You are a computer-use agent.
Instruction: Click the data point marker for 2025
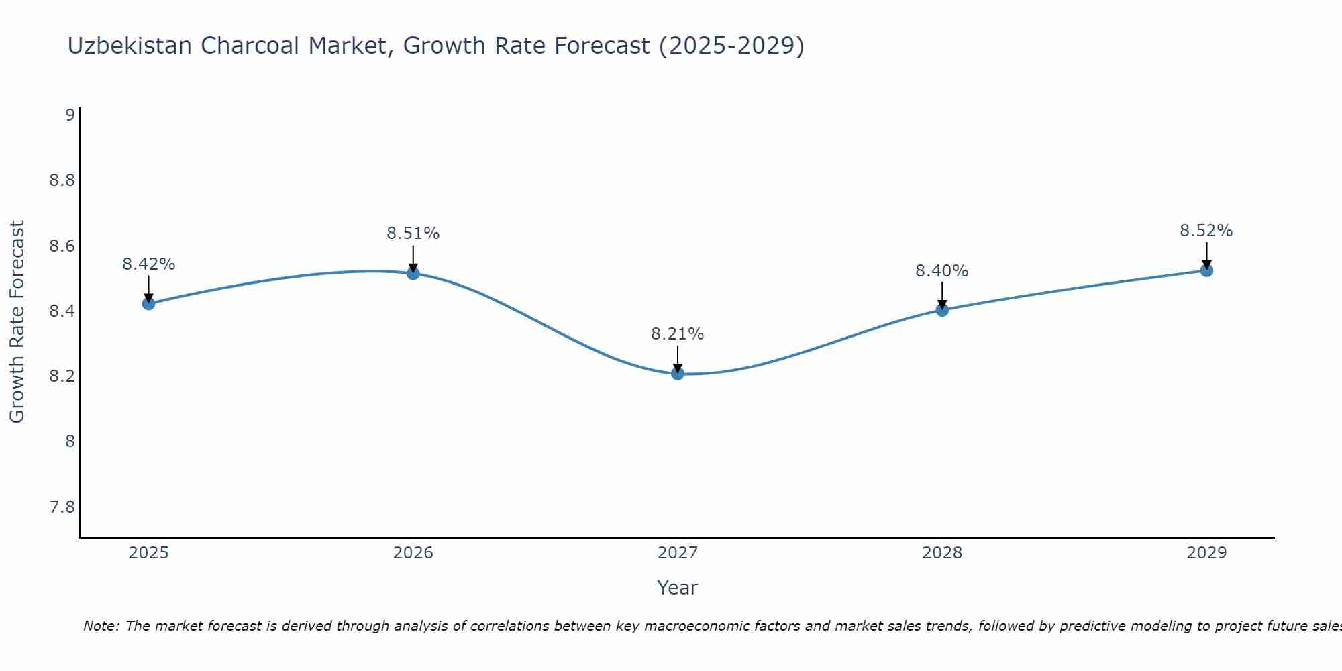148,303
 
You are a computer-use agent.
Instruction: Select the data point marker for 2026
413,273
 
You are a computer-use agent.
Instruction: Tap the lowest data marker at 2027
677,373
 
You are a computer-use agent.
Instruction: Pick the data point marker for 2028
941,309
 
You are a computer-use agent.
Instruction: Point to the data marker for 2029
1206,270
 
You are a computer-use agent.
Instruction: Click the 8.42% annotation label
148,264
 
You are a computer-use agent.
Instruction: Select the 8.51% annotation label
413,234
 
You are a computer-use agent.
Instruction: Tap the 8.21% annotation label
677,334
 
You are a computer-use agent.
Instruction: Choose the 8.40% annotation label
941,271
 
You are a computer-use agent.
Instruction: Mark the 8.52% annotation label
1206,231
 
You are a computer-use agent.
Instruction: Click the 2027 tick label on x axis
677,553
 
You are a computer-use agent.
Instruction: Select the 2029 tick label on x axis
1206,553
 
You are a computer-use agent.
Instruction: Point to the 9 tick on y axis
70,115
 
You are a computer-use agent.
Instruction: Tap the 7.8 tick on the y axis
62,507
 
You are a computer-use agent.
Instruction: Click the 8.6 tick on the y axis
62,246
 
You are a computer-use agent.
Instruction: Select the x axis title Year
677,588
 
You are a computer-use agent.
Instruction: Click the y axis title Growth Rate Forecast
17,321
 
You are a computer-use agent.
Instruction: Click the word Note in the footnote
101,626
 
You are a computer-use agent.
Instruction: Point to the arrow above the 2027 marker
677,358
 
